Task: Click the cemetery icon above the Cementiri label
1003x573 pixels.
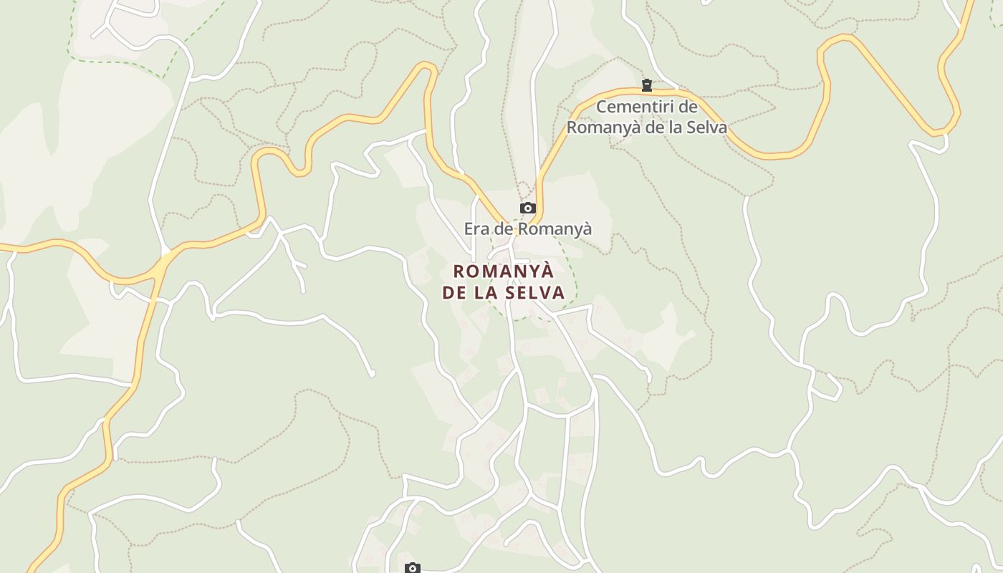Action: point(647,86)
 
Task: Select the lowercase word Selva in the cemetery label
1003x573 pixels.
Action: point(705,128)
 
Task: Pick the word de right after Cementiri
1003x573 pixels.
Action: point(688,107)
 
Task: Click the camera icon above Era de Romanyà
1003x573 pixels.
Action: point(528,208)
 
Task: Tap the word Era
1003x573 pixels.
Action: point(478,229)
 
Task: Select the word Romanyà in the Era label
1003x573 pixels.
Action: point(555,229)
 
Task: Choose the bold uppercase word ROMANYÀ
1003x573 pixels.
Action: point(504,271)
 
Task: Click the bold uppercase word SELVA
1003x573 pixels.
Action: point(534,292)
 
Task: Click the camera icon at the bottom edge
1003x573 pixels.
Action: point(412,568)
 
